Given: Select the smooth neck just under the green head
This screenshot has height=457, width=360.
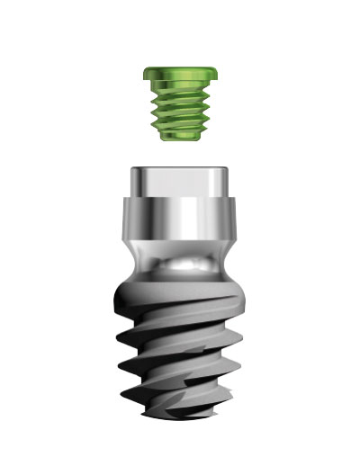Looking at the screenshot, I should (179, 87).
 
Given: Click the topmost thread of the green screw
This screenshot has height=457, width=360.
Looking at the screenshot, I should (179, 100).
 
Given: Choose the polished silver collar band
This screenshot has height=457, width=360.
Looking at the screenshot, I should (179, 220).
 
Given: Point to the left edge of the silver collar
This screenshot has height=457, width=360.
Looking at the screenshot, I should (121, 220).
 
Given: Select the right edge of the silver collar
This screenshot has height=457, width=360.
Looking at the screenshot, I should (238, 220).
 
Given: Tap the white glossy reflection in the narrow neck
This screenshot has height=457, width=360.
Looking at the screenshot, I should (184, 267).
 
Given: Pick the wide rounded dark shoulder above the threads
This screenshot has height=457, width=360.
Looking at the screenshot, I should (179, 292).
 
